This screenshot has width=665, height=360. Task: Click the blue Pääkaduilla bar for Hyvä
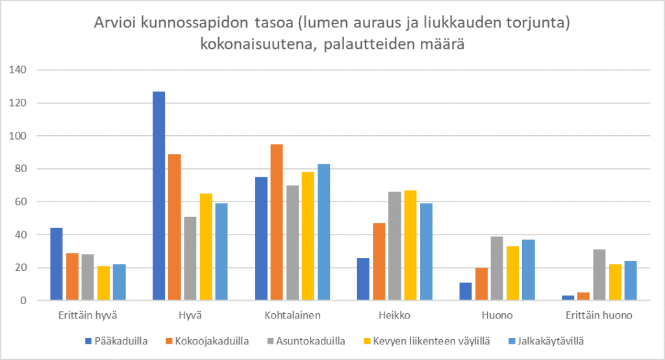tap(158, 196)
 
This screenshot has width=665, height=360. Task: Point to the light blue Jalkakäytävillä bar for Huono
tap(527, 270)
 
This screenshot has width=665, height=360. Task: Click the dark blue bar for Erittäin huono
tap(568, 298)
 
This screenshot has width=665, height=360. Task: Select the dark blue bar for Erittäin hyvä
tap(56, 264)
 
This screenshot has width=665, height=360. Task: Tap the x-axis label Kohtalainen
tap(293, 316)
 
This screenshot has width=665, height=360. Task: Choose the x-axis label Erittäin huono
tap(599, 316)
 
